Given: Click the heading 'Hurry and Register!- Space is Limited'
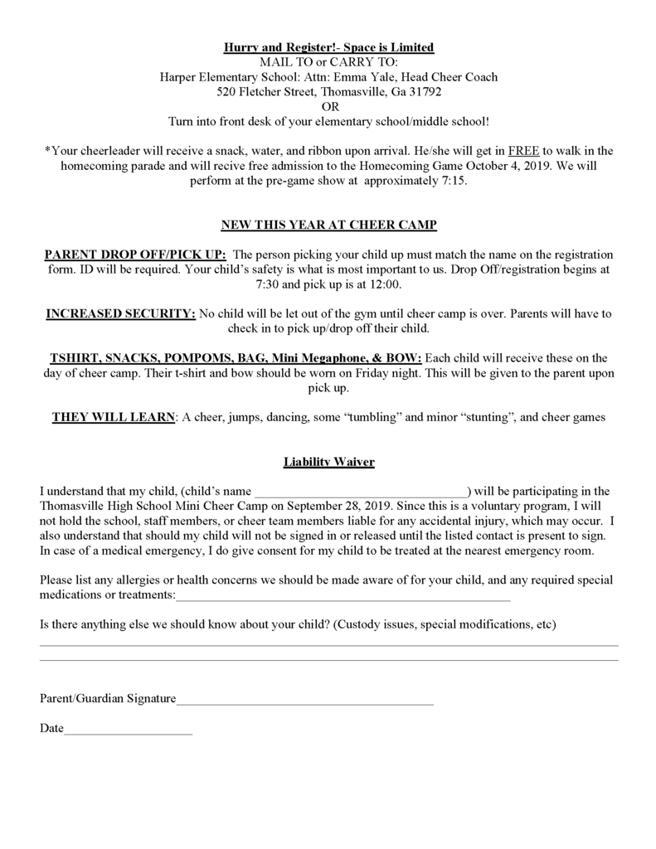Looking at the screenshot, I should pyautogui.click(x=328, y=47).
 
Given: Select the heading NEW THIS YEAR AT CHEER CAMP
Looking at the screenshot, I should pyautogui.click(x=328, y=225).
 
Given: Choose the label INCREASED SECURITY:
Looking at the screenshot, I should pyautogui.click(x=121, y=314).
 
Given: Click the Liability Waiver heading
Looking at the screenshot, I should pyautogui.click(x=328, y=461).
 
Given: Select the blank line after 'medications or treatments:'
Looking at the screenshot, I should pyautogui.click(x=343, y=596).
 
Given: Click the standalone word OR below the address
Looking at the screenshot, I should pyautogui.click(x=328, y=106).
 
